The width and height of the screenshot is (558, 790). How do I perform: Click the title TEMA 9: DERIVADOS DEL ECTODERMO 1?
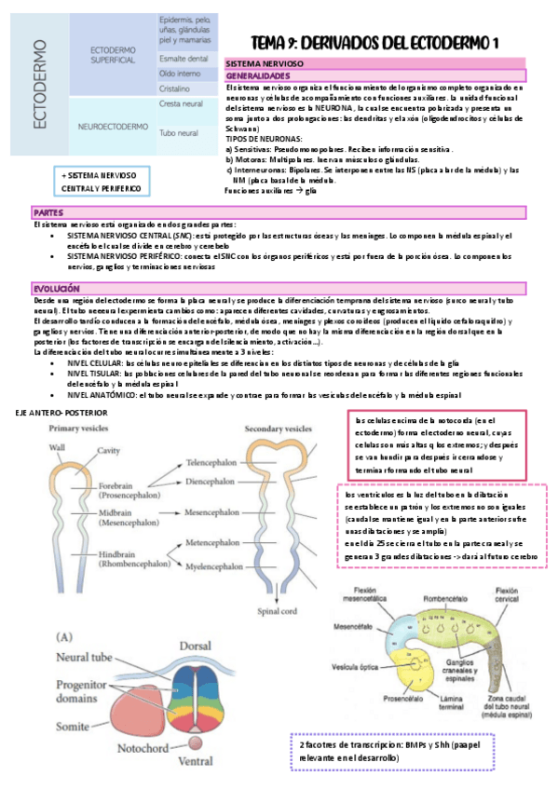(375, 43)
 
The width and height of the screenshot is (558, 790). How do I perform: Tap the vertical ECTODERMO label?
(39, 84)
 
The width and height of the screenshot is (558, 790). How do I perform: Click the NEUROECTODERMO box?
(113, 126)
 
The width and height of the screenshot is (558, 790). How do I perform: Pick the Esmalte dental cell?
(182, 58)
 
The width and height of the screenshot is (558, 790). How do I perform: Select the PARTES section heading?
(48, 213)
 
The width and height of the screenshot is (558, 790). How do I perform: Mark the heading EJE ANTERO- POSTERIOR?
(61, 412)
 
